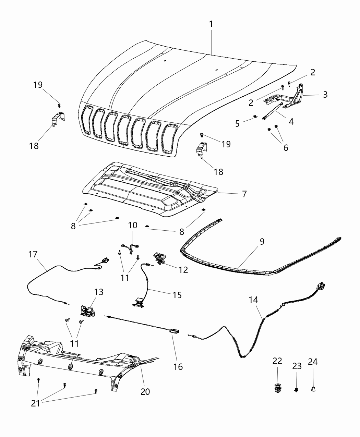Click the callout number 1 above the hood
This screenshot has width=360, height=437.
(211, 24)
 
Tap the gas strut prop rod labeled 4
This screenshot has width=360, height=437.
(272, 111)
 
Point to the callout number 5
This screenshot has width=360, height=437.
(237, 123)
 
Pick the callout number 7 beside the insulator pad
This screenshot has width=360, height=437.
(244, 194)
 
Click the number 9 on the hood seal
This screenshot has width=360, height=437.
(262, 242)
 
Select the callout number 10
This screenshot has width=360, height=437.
(133, 225)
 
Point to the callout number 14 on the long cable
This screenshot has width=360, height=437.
(253, 300)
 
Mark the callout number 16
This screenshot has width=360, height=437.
(178, 366)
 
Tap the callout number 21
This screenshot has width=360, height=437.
(36, 403)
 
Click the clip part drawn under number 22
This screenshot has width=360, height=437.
(277, 387)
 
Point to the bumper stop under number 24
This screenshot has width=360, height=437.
(313, 389)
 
